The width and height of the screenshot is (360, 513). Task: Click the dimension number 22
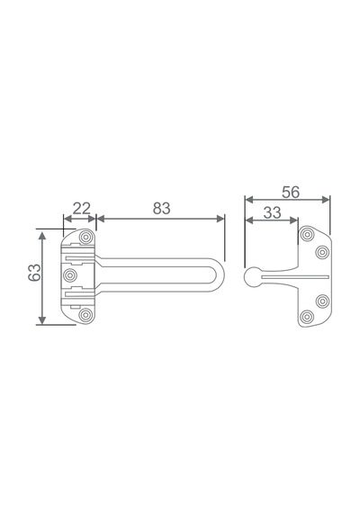pyautogui.click(x=82, y=209)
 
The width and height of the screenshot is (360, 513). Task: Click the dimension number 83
pyautogui.click(x=162, y=209)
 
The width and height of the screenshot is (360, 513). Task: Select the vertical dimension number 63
pyautogui.click(x=34, y=272)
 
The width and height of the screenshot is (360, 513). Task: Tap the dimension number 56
pyautogui.click(x=291, y=193)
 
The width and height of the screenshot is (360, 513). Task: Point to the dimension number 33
pyautogui.click(x=273, y=212)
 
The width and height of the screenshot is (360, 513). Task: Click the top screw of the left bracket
pyautogui.click(x=86, y=237)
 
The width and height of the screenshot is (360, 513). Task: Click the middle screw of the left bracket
pyautogui.click(x=70, y=275)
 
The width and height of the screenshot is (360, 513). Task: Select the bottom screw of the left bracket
pyautogui.click(x=85, y=315)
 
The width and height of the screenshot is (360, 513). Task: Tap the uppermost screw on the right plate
pyautogui.click(x=307, y=234)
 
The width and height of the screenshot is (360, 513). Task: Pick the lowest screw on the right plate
pyautogui.click(x=307, y=317)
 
